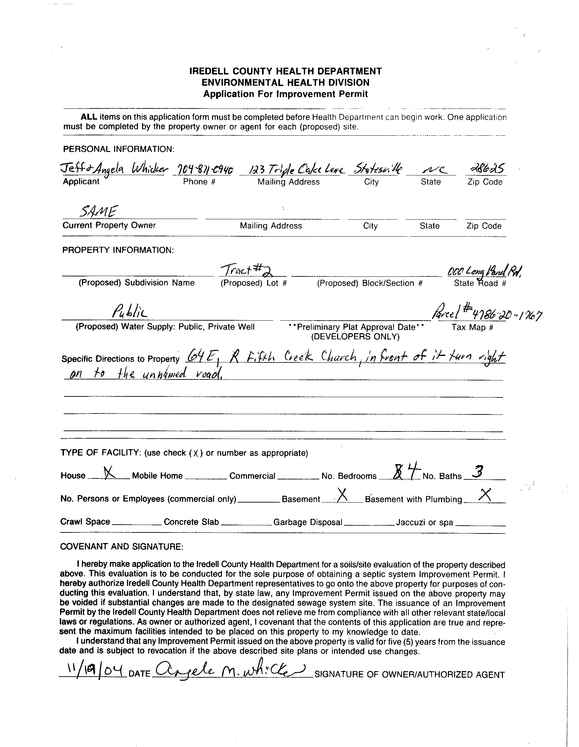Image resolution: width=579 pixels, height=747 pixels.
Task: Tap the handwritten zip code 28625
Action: (x=485, y=169)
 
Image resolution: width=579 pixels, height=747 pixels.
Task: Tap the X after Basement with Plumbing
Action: (x=485, y=495)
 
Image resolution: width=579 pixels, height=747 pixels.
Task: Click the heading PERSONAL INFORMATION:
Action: (x=119, y=149)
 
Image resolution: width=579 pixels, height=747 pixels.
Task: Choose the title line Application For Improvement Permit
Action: (x=285, y=94)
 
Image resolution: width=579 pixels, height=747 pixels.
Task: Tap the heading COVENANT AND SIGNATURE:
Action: (x=122, y=547)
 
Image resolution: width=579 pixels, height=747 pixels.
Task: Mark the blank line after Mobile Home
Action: (x=206, y=478)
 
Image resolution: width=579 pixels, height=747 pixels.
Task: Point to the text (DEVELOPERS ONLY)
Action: (x=355, y=337)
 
